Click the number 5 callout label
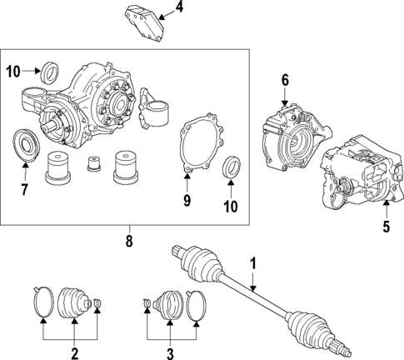tap(386, 225)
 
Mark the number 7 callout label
tap(24, 191)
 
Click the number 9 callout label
tap(187, 200)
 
